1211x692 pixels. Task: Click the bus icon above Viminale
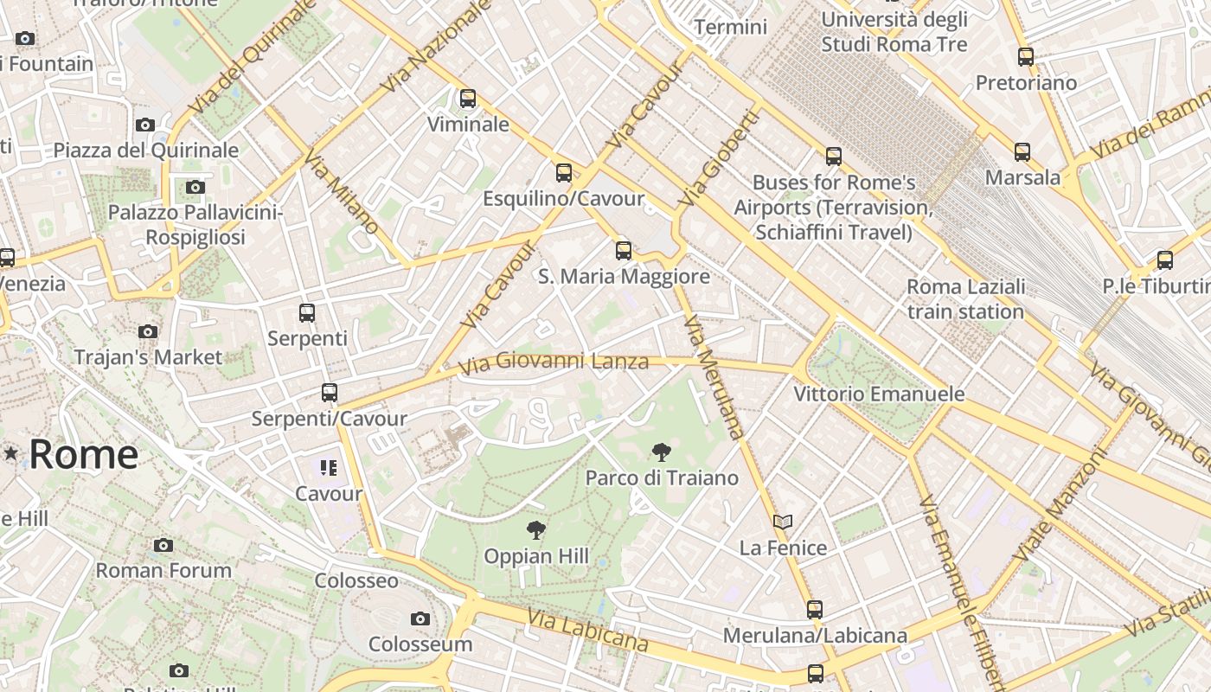(468, 99)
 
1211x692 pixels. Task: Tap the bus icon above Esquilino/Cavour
(564, 173)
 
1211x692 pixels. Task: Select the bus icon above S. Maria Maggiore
(624, 251)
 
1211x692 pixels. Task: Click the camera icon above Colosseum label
(420, 618)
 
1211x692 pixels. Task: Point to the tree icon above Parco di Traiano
(662, 452)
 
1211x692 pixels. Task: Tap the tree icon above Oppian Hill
(536, 530)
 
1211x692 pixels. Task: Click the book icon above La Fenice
(783, 522)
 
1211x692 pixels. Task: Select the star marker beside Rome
(10, 452)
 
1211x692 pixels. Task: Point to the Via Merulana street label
(714, 377)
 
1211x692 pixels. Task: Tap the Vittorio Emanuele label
(879, 394)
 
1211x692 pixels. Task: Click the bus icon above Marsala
(1022, 152)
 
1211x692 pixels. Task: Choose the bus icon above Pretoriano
(1026, 57)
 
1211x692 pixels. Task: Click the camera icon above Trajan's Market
(148, 331)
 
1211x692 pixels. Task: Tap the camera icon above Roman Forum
(163, 545)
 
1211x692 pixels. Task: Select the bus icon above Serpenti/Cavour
(330, 393)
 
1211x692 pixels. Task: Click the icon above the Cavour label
(328, 468)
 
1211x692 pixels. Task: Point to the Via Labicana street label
(588, 631)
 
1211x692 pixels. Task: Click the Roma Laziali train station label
(965, 299)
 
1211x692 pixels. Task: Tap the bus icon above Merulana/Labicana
(815, 610)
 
